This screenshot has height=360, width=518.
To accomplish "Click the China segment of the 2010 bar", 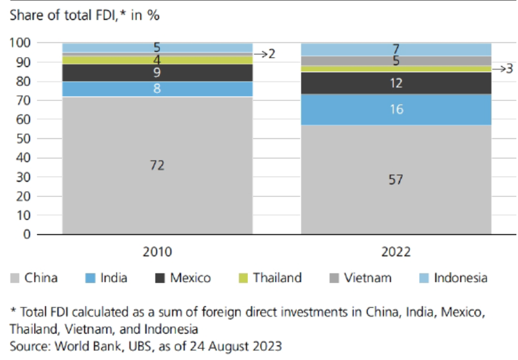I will click(157, 165).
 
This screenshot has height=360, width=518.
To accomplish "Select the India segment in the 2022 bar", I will click(396, 110).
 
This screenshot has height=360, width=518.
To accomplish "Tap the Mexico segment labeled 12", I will click(396, 83).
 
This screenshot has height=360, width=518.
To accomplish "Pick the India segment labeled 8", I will click(157, 89).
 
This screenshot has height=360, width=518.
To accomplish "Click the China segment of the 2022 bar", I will click(396, 180).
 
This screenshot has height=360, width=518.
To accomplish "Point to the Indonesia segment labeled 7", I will click(396, 49).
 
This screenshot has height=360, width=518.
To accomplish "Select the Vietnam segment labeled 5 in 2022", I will click(396, 61).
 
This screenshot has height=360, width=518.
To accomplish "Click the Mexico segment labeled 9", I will click(157, 73).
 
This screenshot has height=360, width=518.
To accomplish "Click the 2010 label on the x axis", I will click(157, 252).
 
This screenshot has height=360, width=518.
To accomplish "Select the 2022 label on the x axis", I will click(396, 252).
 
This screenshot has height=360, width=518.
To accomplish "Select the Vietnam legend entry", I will click(368, 278).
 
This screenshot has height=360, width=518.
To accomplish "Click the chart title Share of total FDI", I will click(84, 15).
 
